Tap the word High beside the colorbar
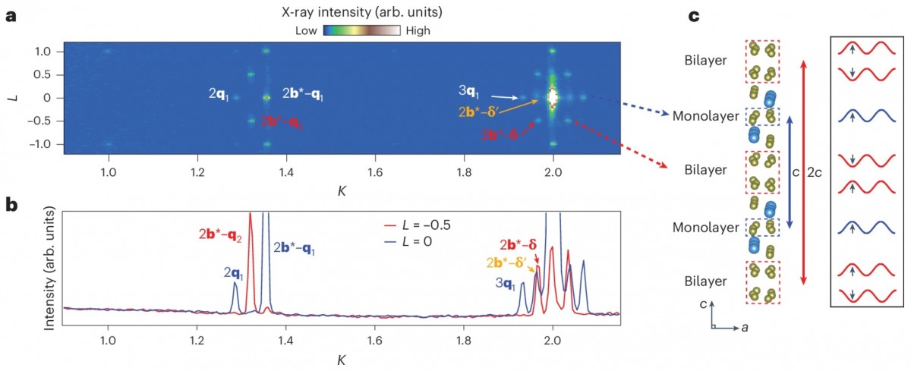point(418,31)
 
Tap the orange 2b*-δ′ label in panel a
point(479,112)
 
